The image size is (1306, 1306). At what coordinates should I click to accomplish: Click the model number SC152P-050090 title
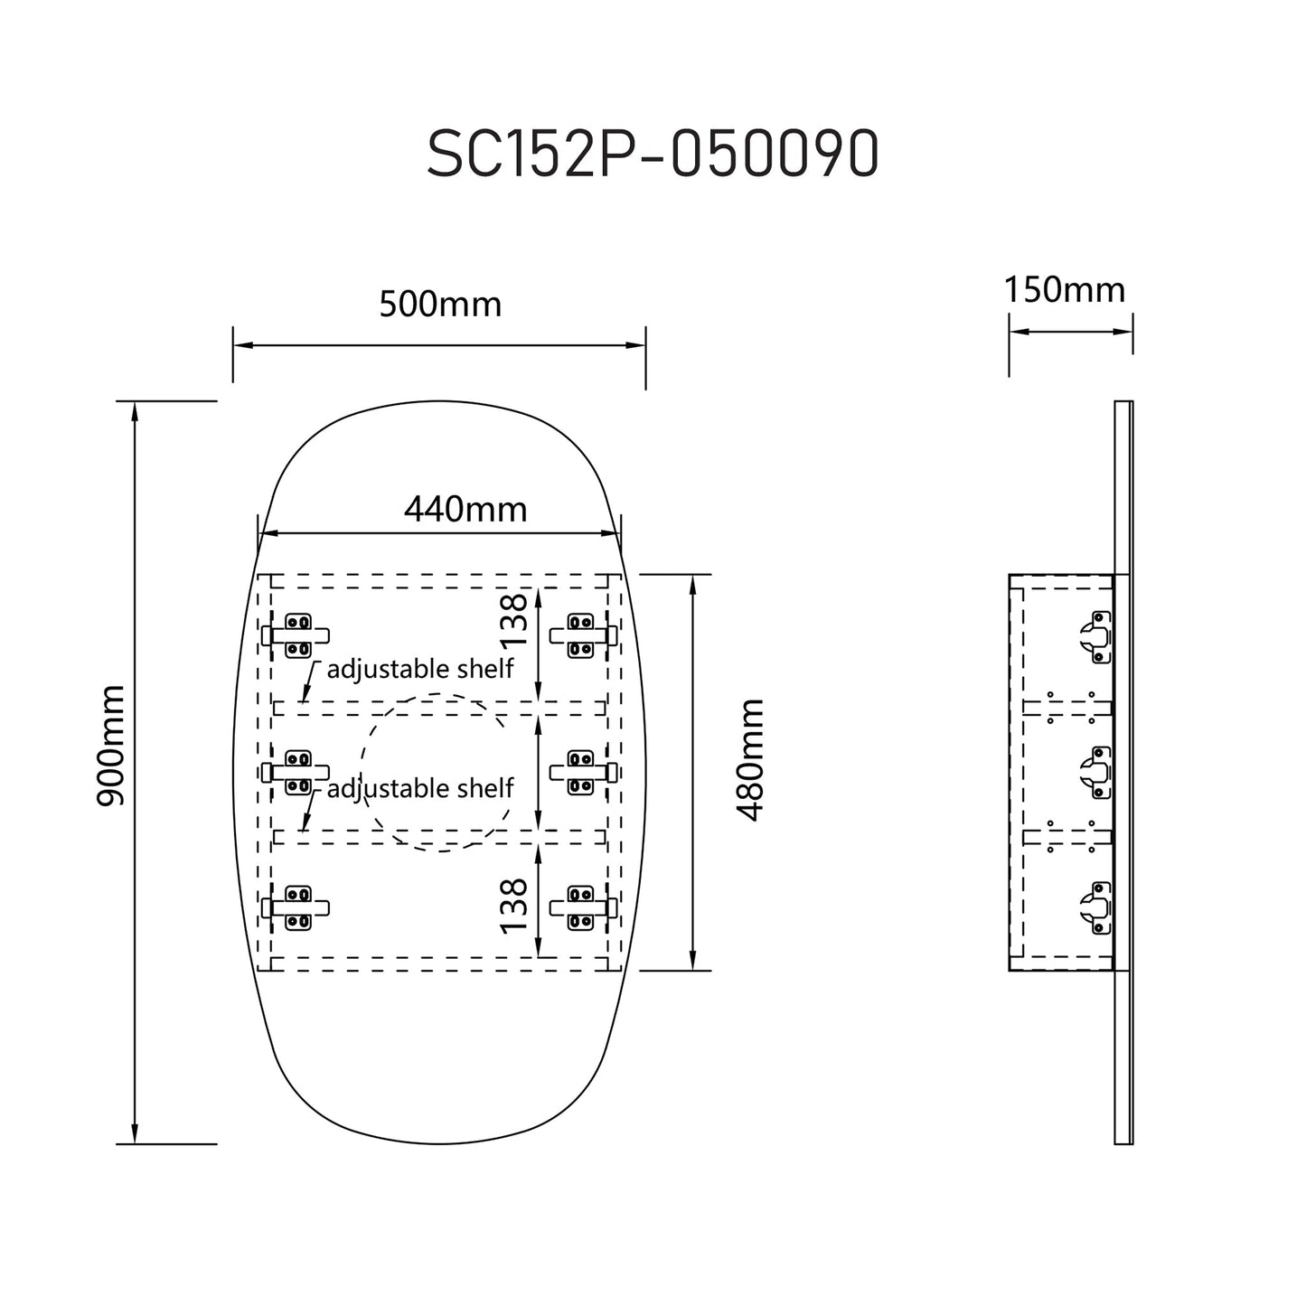point(652,155)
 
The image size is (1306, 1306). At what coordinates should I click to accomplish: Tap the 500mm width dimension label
point(440,305)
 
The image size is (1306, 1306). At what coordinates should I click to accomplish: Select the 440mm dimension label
point(465,510)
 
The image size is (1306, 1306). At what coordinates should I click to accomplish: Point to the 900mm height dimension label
point(111,746)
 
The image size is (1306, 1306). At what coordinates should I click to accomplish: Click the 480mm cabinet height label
point(750,759)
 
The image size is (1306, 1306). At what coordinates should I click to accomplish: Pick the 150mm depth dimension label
point(1065,290)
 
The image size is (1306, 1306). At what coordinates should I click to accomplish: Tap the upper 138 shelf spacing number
point(513,619)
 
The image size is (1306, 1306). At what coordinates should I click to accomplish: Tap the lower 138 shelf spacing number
point(513,907)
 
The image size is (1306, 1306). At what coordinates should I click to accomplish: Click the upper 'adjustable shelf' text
point(419,669)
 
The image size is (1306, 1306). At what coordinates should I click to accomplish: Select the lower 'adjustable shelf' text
point(419,788)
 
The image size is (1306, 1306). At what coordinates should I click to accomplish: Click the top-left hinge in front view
point(297,635)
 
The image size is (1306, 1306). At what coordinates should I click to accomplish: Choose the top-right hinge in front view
point(582,635)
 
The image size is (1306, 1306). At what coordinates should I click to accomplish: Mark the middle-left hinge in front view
point(297,773)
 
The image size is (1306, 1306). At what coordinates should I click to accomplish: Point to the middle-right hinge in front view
point(582,773)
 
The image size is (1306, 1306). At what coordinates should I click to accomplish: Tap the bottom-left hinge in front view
point(297,907)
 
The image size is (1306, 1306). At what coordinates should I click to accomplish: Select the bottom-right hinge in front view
point(582,907)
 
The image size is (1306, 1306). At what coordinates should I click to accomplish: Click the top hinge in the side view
point(1097,636)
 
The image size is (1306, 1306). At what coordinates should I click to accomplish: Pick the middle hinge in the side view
point(1097,772)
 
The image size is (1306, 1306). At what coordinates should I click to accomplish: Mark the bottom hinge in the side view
point(1097,907)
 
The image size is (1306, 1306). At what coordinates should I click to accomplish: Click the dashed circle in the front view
point(433,772)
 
